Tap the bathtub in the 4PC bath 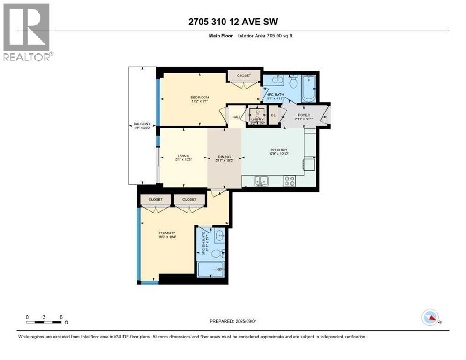coord(308,89)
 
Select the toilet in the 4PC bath coord(294,83)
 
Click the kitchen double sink coord(261,180)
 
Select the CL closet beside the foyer coord(273,115)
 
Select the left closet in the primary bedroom coord(156,200)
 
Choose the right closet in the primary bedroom coord(189,200)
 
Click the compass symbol coord(430,318)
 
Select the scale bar coord(44,322)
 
